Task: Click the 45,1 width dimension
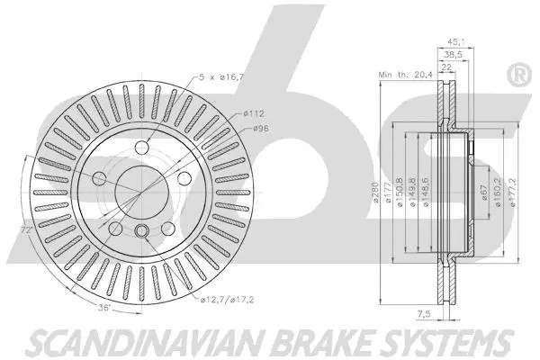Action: [456, 42]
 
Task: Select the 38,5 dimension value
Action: [454, 54]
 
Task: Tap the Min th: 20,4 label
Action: [405, 75]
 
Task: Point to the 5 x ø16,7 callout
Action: [221, 76]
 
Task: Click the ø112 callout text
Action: [254, 113]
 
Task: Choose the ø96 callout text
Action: [261, 129]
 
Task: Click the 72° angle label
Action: [26, 229]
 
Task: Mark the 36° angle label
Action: [104, 308]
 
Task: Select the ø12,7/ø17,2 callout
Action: [228, 300]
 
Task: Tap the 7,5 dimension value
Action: [424, 314]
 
